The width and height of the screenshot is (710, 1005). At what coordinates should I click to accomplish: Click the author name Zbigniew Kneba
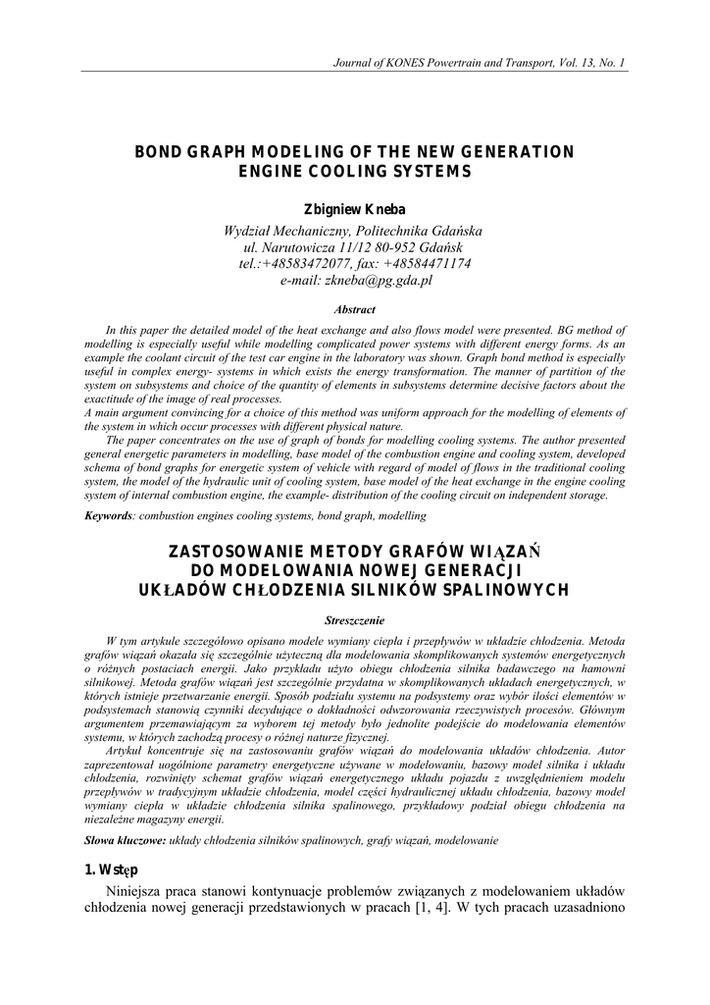coord(354,209)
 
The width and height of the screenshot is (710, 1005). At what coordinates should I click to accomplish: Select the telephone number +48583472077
coord(323,263)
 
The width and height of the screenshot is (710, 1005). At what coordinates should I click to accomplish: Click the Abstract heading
coord(354,308)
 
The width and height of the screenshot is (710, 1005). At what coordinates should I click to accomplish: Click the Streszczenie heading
coord(354,619)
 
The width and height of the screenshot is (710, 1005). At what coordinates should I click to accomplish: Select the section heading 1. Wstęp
coord(111,871)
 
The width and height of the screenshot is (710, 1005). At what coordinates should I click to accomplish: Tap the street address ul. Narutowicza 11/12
coord(302,246)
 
